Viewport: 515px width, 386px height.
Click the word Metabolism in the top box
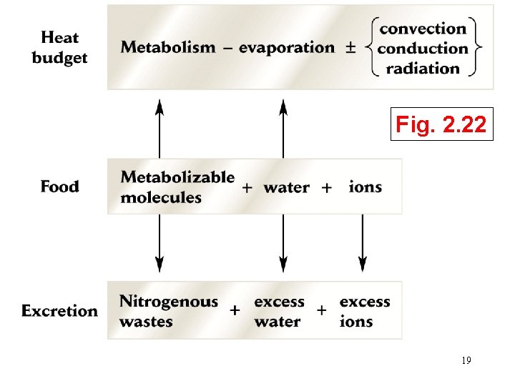(168, 48)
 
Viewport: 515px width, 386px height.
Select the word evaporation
(286, 48)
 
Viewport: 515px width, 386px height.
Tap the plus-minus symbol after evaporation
(350, 48)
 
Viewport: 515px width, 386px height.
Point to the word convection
(423, 29)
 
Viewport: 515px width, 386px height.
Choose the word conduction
(423, 49)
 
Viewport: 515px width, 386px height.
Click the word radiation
(423, 69)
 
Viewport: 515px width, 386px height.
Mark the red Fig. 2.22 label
(442, 127)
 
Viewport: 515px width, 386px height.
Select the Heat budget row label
(59, 47)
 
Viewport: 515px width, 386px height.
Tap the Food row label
(59, 187)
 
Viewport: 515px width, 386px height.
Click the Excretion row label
(59, 311)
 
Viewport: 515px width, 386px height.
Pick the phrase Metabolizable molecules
(177, 187)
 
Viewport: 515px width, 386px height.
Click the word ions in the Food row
(365, 187)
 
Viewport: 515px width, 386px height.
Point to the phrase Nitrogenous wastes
(168, 311)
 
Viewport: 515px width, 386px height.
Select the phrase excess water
(279, 311)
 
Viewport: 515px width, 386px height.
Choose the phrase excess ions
(365, 311)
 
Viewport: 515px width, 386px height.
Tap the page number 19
(466, 361)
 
